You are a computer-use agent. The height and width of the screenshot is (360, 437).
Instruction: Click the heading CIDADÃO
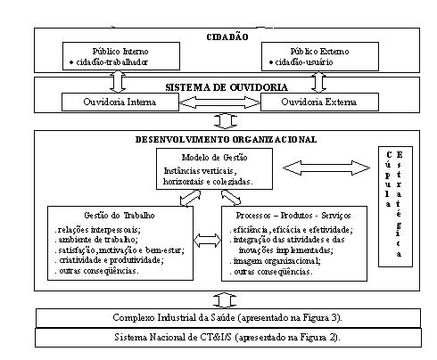[x=227, y=37]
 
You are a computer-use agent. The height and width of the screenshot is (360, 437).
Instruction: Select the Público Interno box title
[x=120, y=52]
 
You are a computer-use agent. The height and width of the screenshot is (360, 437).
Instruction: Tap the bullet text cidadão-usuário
[x=304, y=62]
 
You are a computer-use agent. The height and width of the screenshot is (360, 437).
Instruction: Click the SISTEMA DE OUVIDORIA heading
[x=227, y=87]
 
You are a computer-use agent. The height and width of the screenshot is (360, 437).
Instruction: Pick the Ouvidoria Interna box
[x=120, y=102]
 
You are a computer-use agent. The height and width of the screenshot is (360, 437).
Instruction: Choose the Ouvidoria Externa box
[x=319, y=102]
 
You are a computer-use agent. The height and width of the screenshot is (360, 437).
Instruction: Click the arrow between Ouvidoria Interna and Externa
[x=219, y=102]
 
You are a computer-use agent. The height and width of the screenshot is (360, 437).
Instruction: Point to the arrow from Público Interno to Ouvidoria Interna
[x=118, y=82]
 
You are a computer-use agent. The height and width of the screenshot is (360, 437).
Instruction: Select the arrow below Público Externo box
[x=318, y=82]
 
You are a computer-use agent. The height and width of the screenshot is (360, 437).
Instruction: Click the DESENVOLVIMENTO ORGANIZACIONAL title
[x=226, y=140]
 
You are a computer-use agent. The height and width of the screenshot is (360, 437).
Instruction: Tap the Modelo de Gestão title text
[x=214, y=158]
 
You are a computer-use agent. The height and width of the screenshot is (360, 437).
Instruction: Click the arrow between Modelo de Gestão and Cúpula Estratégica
[x=326, y=168]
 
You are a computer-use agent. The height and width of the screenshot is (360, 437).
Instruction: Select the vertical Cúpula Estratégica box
[x=395, y=207]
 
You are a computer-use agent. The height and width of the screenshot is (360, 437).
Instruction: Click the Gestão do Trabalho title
[x=120, y=216]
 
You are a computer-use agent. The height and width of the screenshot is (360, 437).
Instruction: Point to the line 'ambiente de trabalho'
[x=98, y=240]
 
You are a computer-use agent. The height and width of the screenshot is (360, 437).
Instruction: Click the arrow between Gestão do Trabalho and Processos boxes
[x=207, y=241]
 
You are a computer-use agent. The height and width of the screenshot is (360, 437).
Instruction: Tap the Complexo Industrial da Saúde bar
[x=228, y=318]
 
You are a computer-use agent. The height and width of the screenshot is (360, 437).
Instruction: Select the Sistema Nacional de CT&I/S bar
[x=228, y=338]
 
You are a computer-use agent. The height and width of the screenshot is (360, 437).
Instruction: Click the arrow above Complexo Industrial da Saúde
[x=225, y=300]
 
